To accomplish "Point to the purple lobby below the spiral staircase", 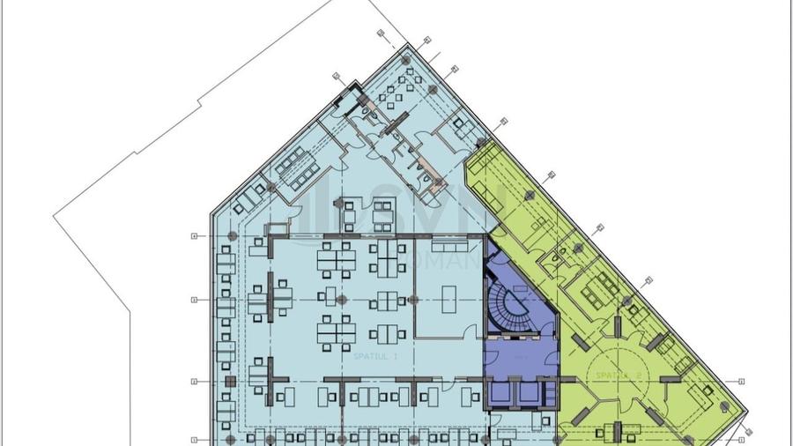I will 520,360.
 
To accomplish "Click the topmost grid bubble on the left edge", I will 192,235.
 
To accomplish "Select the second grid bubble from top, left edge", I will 192,300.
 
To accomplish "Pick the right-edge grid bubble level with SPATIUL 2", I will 742,381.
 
